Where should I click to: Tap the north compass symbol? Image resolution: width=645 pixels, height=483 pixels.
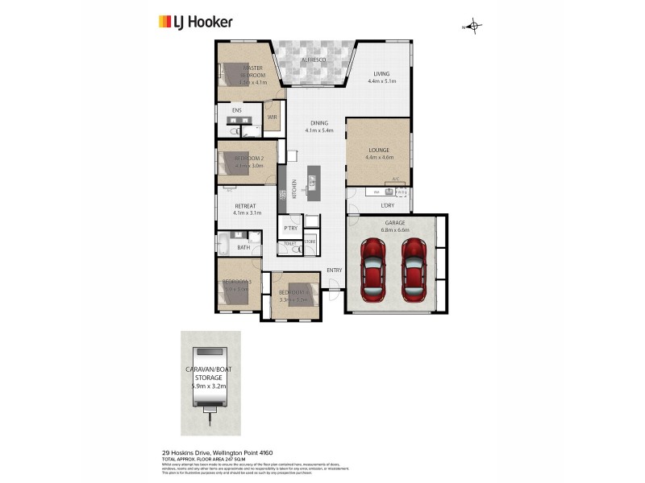(473, 27)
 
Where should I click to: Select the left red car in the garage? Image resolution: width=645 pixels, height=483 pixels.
(375, 267)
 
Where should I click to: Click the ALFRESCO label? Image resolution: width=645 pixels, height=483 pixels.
(313, 60)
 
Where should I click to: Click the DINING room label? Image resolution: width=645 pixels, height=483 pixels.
(319, 123)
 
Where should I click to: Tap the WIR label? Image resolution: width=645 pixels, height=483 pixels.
(272, 116)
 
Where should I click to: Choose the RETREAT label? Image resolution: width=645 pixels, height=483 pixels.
(245, 206)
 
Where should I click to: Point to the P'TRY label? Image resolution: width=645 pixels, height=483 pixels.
(289, 229)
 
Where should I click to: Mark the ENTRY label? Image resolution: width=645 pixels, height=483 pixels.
(334, 270)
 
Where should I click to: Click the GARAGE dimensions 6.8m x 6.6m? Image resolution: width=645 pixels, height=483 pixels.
(394, 229)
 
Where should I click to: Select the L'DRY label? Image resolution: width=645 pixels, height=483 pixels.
(388, 205)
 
